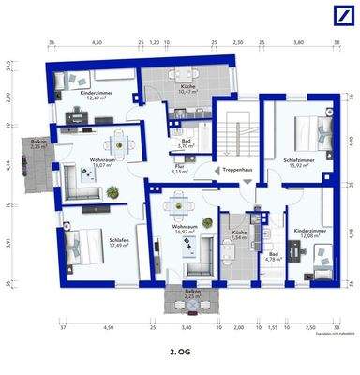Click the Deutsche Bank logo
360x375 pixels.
(x=340, y=18)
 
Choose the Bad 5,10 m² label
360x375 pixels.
(x=186, y=144)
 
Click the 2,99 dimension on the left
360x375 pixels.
(x=7, y=97)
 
